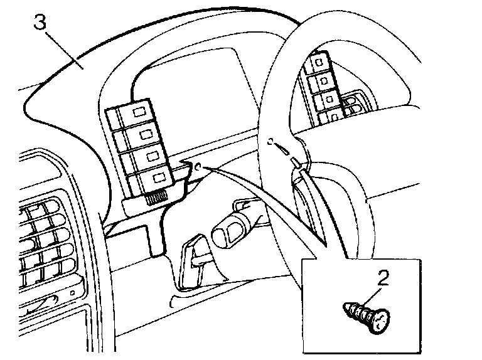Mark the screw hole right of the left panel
pyautogui.click(x=198, y=167)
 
